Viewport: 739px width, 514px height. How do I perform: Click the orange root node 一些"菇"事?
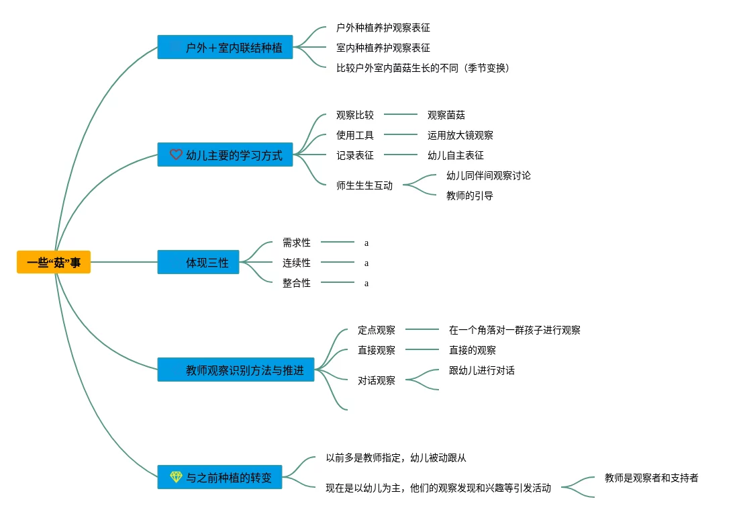53,262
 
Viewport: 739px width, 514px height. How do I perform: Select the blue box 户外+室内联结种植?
225,47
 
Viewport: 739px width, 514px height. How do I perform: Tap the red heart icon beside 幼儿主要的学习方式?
176,155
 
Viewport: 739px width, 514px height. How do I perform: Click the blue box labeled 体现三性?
198,262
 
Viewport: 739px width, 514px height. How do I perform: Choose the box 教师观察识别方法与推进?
236,370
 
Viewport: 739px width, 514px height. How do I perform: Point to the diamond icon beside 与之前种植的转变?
176,477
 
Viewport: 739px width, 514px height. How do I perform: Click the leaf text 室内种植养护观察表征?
383,48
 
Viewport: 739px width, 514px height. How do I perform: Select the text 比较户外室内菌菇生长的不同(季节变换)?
423,68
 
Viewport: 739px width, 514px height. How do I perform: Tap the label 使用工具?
355,135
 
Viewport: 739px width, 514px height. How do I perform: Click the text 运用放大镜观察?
460,135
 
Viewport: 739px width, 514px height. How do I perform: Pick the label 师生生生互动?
364,185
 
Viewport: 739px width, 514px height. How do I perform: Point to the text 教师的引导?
469,196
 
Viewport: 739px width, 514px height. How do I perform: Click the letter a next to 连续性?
366,263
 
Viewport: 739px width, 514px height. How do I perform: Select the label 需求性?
297,243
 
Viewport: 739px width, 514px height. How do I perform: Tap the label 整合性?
297,283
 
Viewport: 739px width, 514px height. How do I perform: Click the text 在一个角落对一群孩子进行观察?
515,330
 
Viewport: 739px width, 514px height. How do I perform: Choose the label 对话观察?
376,380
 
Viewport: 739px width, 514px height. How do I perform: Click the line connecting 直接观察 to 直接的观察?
422,349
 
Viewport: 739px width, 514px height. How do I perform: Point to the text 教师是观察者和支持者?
651,478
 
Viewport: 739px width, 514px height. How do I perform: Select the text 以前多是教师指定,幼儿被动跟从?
396,458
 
